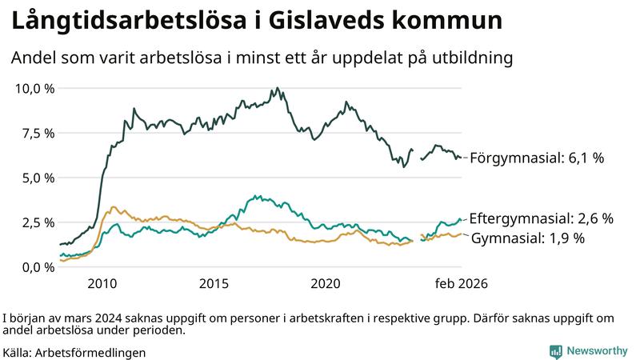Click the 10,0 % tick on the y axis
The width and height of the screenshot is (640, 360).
pos(34,88)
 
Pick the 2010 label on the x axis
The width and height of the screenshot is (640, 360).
pos(102,284)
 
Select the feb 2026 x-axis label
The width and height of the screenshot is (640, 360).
pos(461,284)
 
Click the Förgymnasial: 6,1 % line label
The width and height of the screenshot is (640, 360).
pos(536,158)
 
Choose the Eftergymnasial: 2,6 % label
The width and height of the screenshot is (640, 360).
pos(541,218)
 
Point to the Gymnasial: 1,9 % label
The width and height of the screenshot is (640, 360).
pos(528,238)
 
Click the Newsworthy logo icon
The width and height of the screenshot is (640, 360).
pos(555,351)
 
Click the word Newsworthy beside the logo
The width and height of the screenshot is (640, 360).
pos(598,351)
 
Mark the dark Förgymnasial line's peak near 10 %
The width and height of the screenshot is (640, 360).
pos(277,88)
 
